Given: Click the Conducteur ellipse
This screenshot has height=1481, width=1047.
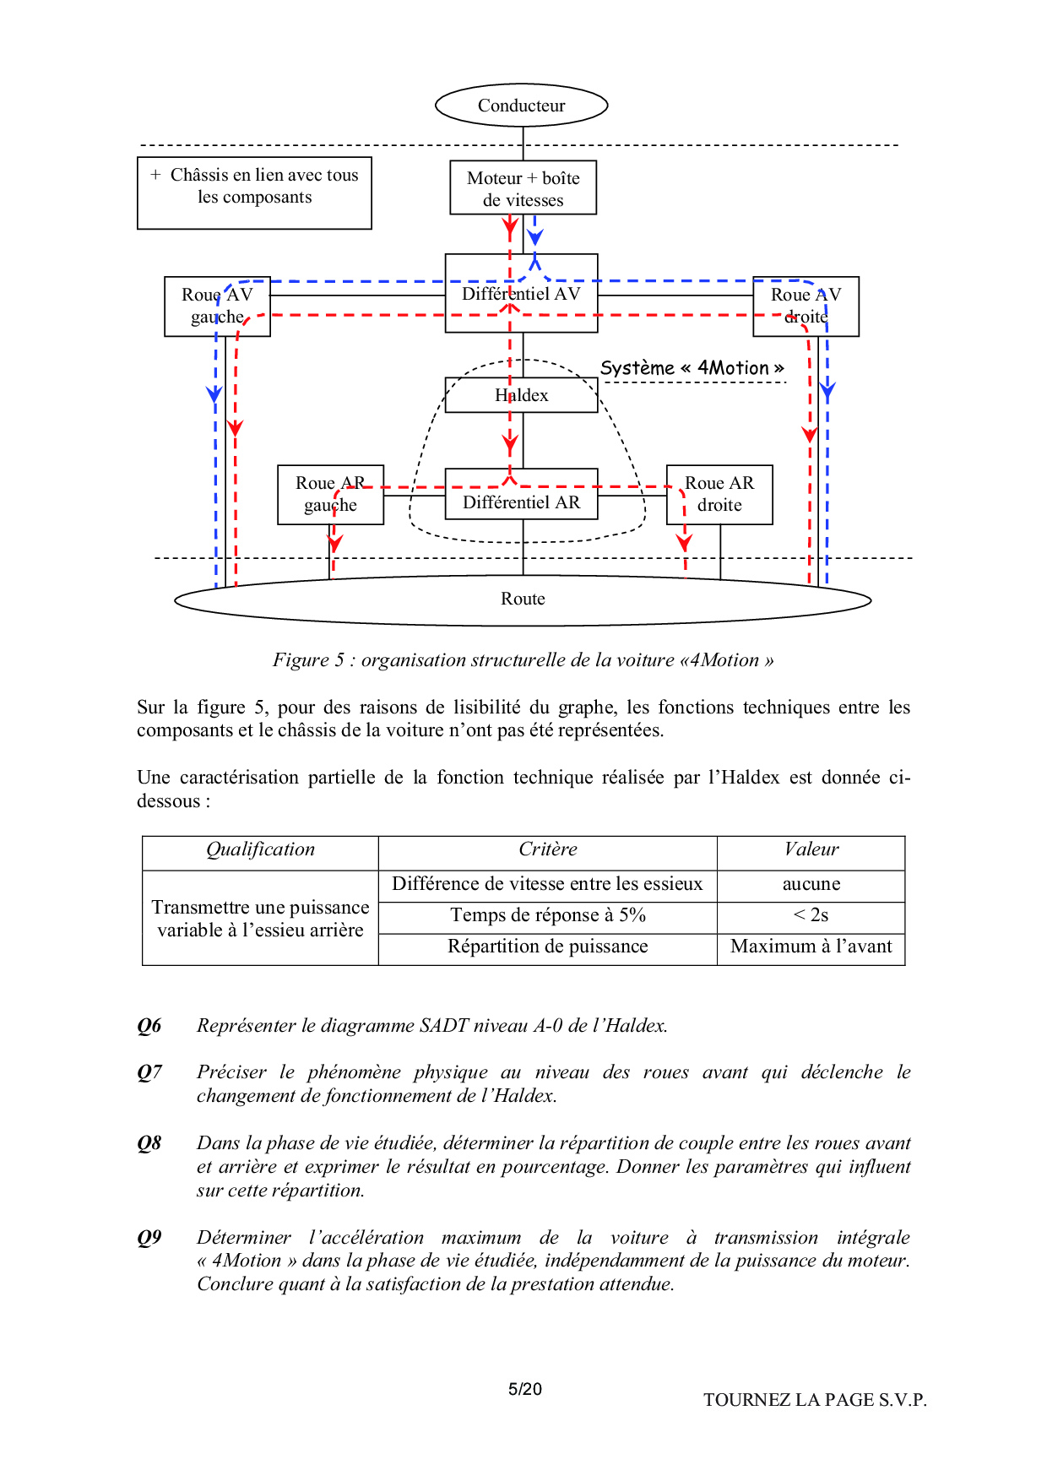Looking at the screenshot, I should pos(521,106).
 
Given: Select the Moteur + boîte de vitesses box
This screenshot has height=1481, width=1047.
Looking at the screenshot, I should pos(523,188).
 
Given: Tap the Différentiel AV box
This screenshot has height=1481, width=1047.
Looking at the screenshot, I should pos(521,294).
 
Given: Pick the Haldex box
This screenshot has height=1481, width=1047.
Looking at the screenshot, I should pos(521,395).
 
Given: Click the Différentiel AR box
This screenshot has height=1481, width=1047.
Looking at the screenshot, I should pos(521,502).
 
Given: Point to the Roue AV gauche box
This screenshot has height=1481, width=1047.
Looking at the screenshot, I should pos(217,306).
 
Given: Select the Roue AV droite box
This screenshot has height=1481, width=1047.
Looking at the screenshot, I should pos(806,306).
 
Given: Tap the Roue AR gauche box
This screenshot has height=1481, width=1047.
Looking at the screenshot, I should pos(330,494).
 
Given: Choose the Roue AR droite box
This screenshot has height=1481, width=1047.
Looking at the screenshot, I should pos(719,494).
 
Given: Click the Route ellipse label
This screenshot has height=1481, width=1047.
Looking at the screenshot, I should pos(523,599).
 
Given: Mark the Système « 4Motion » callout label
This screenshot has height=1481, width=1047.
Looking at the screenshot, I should pos(692,368).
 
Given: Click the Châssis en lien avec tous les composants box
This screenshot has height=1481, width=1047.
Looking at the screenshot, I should pos(254,193).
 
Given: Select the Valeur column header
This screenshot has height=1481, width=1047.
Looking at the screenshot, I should pos(811,849).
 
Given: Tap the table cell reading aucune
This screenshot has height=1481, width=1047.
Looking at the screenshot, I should pos(811,884).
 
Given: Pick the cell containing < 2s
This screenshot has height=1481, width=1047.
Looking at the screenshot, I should pos(811,915).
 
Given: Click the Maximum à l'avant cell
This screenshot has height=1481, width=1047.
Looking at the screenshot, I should pos(811,947).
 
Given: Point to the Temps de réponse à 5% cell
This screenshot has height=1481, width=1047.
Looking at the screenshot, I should pos(547,915).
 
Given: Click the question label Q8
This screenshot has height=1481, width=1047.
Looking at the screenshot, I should pos(149,1143).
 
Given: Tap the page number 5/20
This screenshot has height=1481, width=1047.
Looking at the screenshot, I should pos(524,1389).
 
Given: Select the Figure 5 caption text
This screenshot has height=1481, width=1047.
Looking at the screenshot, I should pos(523,660).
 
